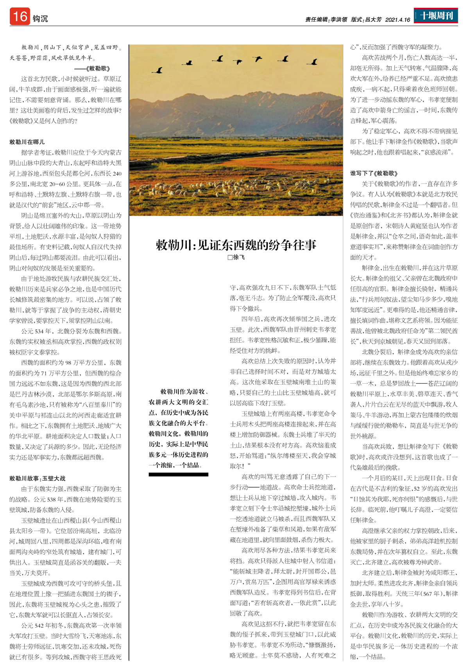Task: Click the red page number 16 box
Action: click(20, 17)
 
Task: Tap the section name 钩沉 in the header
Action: click(40, 19)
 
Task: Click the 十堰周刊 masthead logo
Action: click(436, 16)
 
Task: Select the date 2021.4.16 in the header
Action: click(397, 20)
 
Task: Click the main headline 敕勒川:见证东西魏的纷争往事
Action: click(236, 245)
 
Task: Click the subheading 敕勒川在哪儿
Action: click(27, 142)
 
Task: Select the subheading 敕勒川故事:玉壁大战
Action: click(38, 478)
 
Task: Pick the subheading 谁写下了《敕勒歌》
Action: click(374, 173)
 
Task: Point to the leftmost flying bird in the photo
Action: click(159, 70)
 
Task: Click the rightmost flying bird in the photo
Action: click(313, 62)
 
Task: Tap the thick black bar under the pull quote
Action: click(178, 475)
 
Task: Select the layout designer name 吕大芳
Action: click(373, 20)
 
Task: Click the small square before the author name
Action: click(230, 258)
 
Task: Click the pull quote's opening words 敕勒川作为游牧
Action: click(184, 392)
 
